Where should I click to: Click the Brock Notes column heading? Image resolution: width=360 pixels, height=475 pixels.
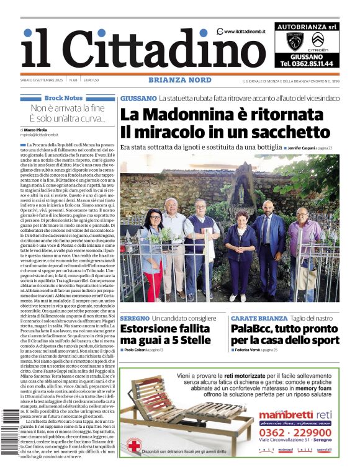tap(63, 98)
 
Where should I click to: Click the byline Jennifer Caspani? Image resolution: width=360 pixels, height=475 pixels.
tap(300, 148)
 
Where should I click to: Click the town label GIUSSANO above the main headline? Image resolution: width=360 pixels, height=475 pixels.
tap(138, 98)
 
